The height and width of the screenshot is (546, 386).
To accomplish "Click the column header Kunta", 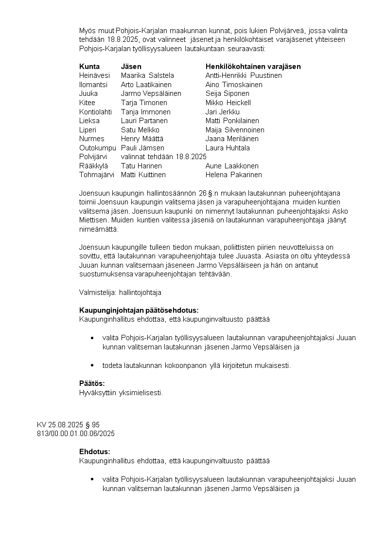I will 89,66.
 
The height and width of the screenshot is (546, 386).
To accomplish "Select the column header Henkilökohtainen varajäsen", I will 253,66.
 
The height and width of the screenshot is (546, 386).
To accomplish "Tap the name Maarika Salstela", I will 147,75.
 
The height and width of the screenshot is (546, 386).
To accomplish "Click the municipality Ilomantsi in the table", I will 93,85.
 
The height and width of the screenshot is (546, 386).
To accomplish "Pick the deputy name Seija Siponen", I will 228,93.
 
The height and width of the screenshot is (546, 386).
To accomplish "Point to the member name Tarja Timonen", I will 144,103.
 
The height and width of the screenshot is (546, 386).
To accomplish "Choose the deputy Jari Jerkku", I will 223,112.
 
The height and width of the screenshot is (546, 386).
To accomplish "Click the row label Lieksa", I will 89,121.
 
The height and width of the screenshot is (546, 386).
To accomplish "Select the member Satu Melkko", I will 140,130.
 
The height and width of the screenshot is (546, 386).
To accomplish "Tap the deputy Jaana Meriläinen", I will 232,139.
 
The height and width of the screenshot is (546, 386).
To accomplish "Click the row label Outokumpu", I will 98,148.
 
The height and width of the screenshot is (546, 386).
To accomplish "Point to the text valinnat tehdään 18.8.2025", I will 164,157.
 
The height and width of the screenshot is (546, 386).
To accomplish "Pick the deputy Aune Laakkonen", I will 232,166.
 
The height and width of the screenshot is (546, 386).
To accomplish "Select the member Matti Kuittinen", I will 143,175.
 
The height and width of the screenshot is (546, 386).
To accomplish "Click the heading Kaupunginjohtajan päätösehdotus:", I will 139,310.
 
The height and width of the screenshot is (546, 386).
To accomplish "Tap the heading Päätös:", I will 92,383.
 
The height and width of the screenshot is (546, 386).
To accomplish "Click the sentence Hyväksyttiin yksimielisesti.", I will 121,392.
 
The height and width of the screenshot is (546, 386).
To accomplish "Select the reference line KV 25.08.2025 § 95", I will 68,425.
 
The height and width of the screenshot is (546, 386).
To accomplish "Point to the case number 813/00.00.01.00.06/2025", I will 76,433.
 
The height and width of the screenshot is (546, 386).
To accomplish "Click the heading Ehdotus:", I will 95,452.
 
